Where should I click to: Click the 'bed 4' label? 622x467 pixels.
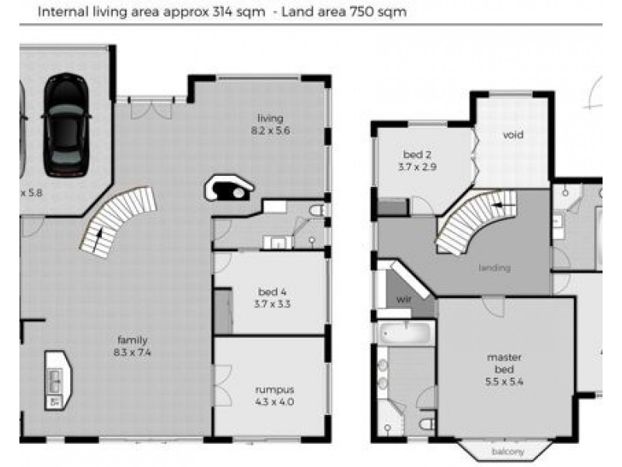click(273, 292)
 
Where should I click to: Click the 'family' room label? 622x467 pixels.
click(132, 340)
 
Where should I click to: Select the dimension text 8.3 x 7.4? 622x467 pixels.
click(132, 353)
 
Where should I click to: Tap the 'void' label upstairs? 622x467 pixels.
click(513, 135)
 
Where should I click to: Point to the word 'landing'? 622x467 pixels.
click(495, 269)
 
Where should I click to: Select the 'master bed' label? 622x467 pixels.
click(504, 363)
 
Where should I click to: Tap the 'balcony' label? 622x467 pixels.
click(508, 451)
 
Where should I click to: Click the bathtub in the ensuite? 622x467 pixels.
click(404, 334)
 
